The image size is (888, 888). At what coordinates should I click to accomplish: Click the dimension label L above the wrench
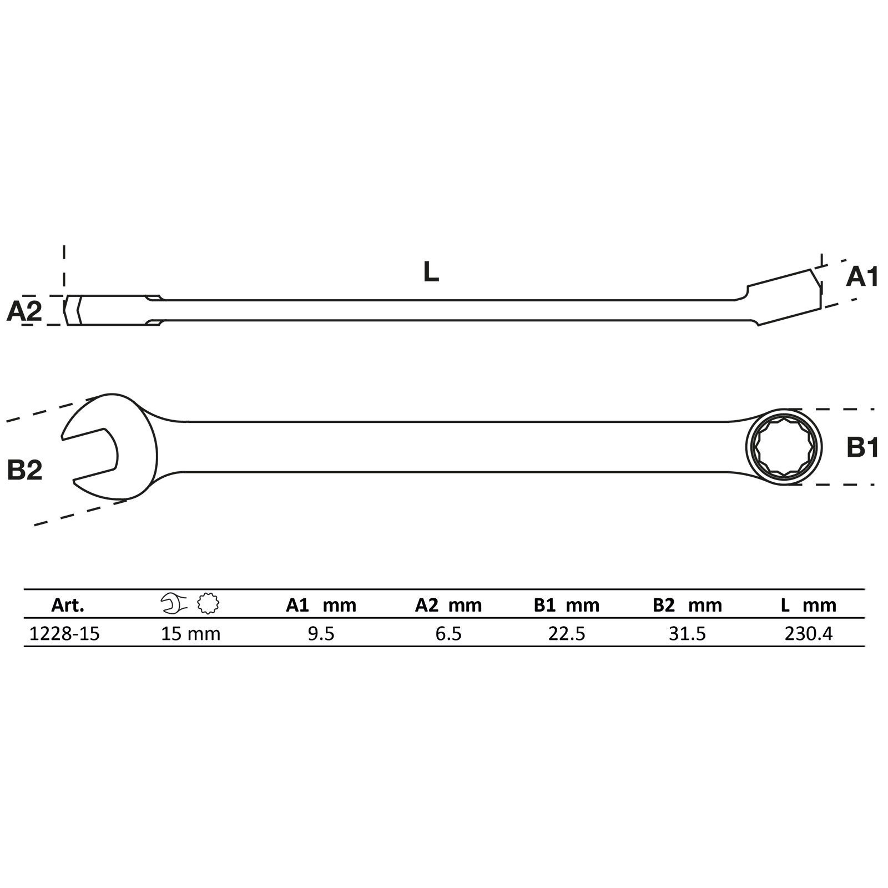click(431, 272)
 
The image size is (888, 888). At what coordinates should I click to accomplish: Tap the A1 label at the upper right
click(862, 276)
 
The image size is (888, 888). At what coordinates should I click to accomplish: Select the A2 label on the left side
click(24, 311)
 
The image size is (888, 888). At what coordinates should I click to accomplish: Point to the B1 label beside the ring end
click(862, 447)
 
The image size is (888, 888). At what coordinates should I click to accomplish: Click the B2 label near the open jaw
click(24, 470)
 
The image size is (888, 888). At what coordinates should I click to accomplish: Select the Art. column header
click(68, 605)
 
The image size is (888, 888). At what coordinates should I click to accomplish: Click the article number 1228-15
click(64, 633)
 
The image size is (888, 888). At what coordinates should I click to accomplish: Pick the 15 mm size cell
click(190, 633)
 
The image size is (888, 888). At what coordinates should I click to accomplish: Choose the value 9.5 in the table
click(321, 633)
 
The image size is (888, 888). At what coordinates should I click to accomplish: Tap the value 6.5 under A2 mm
click(448, 633)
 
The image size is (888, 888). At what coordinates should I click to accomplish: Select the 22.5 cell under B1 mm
click(567, 633)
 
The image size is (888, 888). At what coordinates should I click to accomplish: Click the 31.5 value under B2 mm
click(687, 633)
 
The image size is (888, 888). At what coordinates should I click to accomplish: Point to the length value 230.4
click(809, 633)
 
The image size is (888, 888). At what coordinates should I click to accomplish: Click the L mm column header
click(808, 605)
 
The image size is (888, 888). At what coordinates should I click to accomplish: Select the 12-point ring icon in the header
click(208, 603)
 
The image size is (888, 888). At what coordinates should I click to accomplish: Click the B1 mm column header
click(567, 605)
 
